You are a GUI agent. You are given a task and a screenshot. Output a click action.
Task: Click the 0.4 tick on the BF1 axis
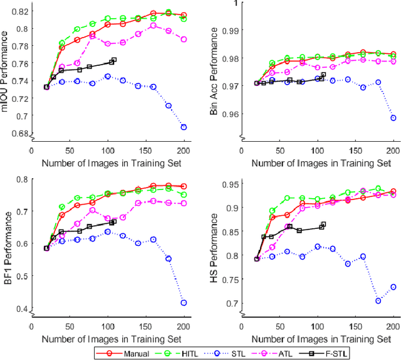pyautogui.click(x=23, y=309)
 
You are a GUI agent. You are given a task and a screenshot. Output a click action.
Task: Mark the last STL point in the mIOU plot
pyautogui.click(x=184, y=127)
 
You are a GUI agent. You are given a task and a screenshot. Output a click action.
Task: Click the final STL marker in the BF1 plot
pyautogui.click(x=184, y=303)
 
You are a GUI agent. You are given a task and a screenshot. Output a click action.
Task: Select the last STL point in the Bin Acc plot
pyautogui.click(x=393, y=118)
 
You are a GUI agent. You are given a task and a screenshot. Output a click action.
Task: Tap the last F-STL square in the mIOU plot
pyautogui.click(x=113, y=60)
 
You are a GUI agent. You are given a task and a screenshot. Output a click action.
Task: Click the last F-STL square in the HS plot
pyautogui.click(x=323, y=225)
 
